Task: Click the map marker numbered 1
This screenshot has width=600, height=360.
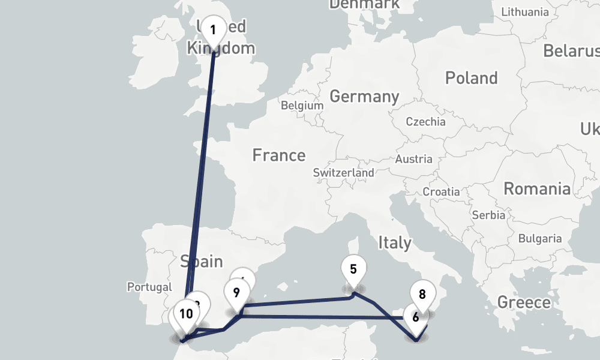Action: (x=213, y=29)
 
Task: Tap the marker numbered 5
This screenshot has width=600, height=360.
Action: (x=353, y=269)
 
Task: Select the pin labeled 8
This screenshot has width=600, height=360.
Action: (x=422, y=295)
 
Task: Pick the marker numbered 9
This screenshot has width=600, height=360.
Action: (x=236, y=293)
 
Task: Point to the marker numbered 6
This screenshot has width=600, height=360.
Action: (x=415, y=317)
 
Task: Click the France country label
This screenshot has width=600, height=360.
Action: (x=279, y=155)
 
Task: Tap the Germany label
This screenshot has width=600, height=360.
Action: (x=364, y=96)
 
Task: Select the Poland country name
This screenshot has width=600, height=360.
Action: (x=472, y=78)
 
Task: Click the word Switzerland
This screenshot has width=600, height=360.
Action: (x=344, y=173)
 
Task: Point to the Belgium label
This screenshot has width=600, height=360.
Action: (x=302, y=106)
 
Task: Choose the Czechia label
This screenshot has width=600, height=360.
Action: (x=426, y=122)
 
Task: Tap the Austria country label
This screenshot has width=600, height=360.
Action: (x=413, y=160)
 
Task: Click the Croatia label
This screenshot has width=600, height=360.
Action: (x=441, y=192)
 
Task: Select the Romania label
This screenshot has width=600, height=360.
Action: (x=537, y=189)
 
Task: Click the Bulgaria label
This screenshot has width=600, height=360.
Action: (x=540, y=239)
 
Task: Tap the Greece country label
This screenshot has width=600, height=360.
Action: (x=524, y=302)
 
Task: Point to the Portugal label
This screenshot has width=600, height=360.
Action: (x=149, y=287)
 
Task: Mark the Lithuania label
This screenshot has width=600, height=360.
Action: (x=525, y=12)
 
